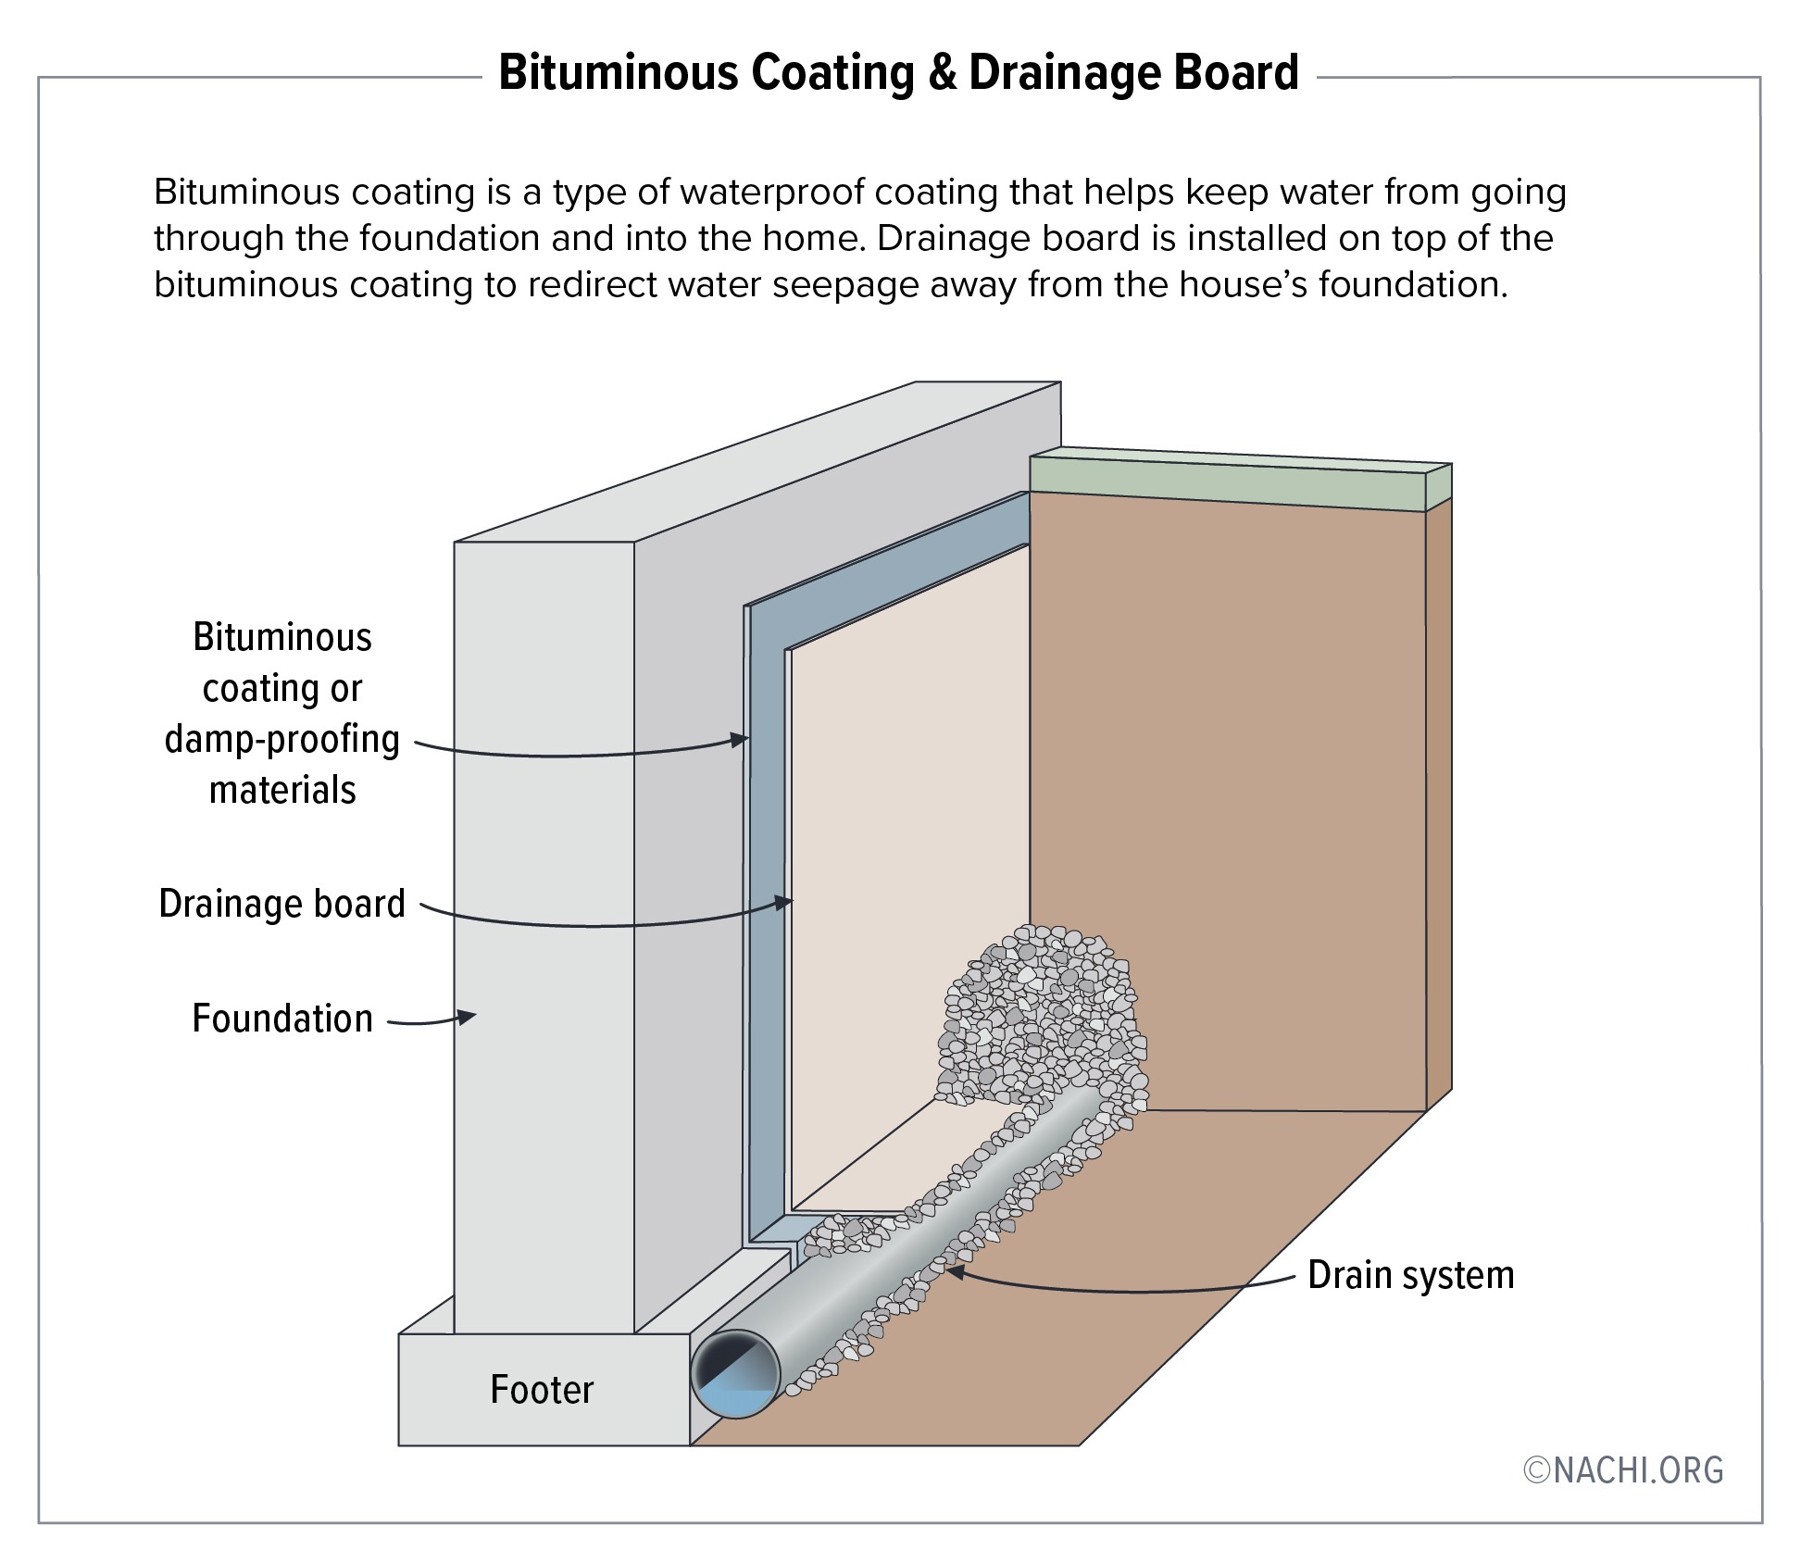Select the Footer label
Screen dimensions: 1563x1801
[x=542, y=1390]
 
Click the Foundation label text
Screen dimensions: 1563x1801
[x=282, y=1019]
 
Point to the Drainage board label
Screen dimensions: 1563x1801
[x=282, y=904]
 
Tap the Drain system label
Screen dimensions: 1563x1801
[x=1410, y=1275]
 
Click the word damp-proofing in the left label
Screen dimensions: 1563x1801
[x=282, y=740]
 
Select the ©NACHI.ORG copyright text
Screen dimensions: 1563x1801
[x=1623, y=1470]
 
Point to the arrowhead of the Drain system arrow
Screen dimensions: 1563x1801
[x=954, y=1272]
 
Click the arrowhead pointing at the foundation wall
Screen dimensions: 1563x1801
[x=469, y=1017]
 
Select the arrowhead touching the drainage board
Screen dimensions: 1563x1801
[x=785, y=901]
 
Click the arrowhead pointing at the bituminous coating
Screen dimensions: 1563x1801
[x=740, y=739]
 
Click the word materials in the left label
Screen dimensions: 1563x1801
[x=282, y=791]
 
